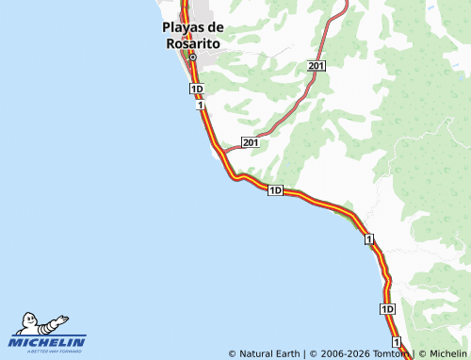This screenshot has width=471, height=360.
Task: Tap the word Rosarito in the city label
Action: click(x=192, y=42)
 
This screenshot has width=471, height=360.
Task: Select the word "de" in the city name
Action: click(x=215, y=29)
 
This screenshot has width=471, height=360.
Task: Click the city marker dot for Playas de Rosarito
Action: click(x=192, y=57)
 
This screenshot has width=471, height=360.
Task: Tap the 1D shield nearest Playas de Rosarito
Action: click(x=196, y=89)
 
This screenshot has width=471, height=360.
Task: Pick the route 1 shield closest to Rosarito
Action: click(x=201, y=105)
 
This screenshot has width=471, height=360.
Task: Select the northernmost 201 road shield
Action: click(x=316, y=65)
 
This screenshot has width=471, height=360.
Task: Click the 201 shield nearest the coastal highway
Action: click(x=250, y=142)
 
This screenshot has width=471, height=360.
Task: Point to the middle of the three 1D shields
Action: click(x=275, y=190)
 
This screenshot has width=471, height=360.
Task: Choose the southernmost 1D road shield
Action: click(x=388, y=309)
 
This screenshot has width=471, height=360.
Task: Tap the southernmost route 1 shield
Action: click(x=397, y=340)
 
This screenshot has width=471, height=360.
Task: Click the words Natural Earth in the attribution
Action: click(x=270, y=354)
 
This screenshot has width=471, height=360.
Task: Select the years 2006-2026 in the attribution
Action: click(x=346, y=354)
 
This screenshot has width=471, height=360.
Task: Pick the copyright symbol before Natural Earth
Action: click(x=233, y=354)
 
